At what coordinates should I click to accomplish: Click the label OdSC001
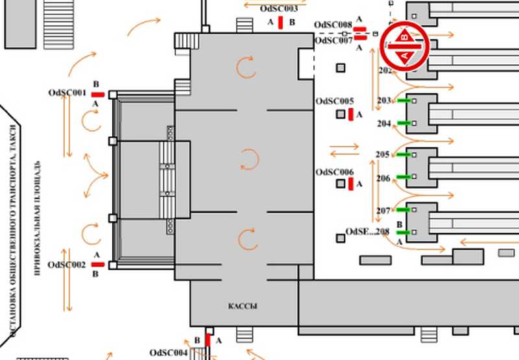(67, 93)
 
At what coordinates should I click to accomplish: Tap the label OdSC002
(67, 265)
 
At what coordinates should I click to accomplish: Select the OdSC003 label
(278, 9)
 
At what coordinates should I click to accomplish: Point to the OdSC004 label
(169, 353)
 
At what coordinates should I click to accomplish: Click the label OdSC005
(335, 102)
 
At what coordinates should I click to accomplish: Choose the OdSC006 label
(335, 173)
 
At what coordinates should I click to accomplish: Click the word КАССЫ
(243, 306)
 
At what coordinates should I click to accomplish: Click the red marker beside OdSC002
(98, 265)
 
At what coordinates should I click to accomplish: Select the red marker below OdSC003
(280, 23)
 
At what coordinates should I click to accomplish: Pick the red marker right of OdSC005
(351, 115)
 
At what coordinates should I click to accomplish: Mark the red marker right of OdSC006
(351, 185)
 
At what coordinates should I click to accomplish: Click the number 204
(383, 124)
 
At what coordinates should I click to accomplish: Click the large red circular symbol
(405, 45)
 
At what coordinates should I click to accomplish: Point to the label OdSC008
(333, 25)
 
